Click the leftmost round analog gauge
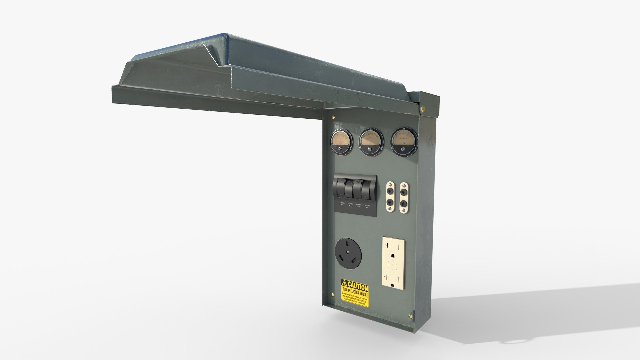pyautogui.click(x=341, y=143)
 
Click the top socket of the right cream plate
pyautogui.click(x=404, y=192)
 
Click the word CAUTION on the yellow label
pyautogui.click(x=358, y=286)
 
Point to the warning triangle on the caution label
pyautogui.click(x=344, y=283)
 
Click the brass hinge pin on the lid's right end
pyautogui.click(x=424, y=108)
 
